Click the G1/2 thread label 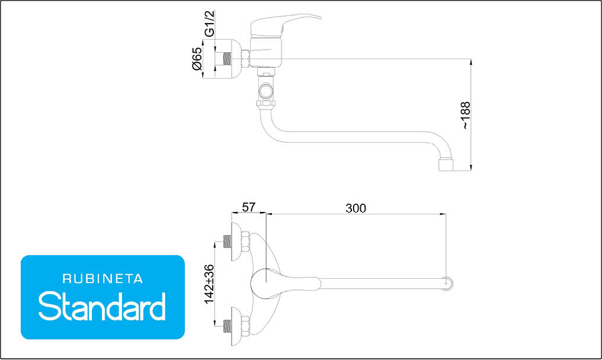pyautogui.click(x=209, y=24)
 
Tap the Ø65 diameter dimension pyautogui.click(x=197, y=59)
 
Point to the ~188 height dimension pyautogui.click(x=465, y=115)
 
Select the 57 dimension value pyautogui.click(x=248, y=207)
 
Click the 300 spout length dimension pyautogui.click(x=356, y=208)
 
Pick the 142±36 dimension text pyautogui.click(x=209, y=284)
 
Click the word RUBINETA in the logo pyautogui.click(x=103, y=279)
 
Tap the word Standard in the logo pyautogui.click(x=102, y=306)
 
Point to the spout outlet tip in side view pyautogui.click(x=446, y=165)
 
